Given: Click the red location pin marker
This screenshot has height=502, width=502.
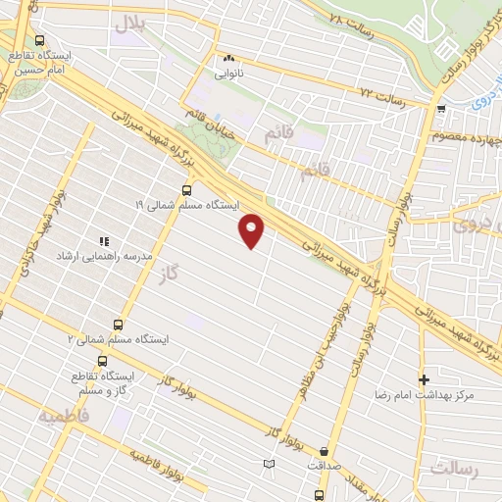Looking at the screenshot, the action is (x=253, y=230).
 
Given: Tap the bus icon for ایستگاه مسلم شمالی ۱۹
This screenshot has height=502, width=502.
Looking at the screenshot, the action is (x=186, y=190).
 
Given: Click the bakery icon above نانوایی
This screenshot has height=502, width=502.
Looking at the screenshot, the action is (x=228, y=58).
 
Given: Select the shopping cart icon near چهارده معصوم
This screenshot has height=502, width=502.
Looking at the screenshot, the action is (x=442, y=109).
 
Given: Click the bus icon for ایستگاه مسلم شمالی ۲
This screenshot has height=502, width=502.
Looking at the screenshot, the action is (x=119, y=325).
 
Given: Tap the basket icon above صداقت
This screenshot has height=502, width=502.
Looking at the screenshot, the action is (x=324, y=452).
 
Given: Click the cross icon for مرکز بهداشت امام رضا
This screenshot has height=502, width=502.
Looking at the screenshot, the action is (x=424, y=379).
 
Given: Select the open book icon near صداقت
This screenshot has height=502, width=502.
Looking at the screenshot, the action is (x=270, y=464).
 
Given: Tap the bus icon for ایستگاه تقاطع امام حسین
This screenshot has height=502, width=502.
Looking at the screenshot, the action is (x=39, y=41).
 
